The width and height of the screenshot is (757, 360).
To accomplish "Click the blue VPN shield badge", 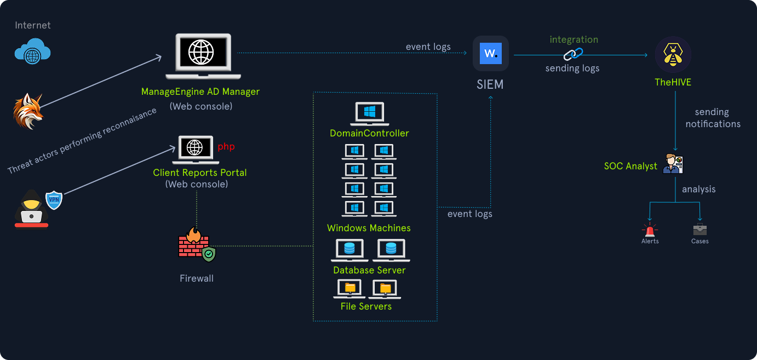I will point(54,199).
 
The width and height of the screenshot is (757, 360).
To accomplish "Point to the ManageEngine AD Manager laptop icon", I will point(202,56).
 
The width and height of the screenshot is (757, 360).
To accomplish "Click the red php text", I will point(226,147).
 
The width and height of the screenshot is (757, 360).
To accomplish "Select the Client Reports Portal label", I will point(200,173).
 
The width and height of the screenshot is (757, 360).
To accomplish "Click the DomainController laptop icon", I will point(369,114).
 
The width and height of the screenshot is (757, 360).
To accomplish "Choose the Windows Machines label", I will point(369,228).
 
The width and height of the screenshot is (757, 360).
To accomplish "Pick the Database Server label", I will point(369,270).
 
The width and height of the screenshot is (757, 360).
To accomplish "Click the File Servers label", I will point(366,306).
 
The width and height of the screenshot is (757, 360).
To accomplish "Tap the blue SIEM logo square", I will point(491,54).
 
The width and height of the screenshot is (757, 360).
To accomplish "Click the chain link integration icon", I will point(574,54).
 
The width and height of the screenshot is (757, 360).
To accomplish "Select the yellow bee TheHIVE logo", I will point(673,55).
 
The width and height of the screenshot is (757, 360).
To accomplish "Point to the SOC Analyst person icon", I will point(673,164).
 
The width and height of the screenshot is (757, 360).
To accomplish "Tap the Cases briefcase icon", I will point(699,230).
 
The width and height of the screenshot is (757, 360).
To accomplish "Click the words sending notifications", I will point(713,118).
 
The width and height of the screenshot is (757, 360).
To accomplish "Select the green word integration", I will point(574,39).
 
